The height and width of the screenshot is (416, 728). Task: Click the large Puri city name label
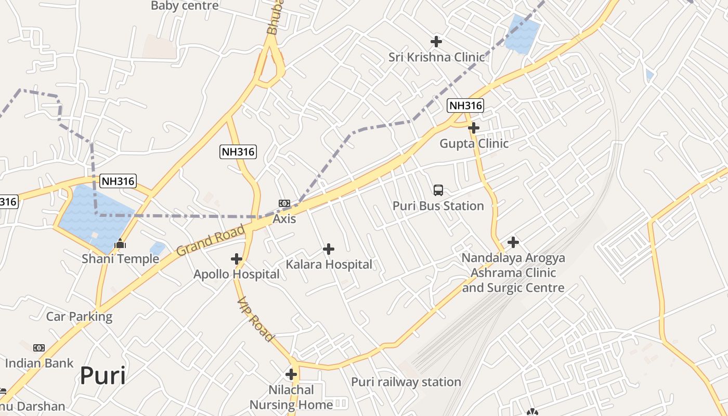[103, 376]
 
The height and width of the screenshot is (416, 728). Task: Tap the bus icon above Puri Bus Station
[438, 190]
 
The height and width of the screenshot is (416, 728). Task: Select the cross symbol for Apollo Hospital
[237, 258]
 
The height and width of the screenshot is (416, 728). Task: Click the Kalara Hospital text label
[329, 264]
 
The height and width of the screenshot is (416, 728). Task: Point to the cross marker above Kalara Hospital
[329, 249]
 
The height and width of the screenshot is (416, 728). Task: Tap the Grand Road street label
[210, 240]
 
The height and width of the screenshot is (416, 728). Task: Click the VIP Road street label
[255, 319]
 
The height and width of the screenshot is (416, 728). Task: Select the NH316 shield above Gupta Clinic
[465, 106]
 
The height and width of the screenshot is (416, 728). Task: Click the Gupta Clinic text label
[474, 144]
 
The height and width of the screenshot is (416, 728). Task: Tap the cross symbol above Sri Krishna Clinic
[436, 41]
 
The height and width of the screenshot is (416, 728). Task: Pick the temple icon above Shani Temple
[120, 243]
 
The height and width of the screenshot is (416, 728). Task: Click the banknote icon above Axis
[284, 203]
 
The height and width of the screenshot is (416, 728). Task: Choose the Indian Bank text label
[40, 363]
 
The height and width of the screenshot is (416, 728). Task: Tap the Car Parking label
[79, 317]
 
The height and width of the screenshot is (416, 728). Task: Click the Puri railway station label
[406, 382]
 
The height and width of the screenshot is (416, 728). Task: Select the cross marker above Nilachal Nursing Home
[291, 374]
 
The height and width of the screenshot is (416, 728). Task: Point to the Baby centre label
[185, 6]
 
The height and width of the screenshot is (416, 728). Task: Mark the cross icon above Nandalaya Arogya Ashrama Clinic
[513, 242]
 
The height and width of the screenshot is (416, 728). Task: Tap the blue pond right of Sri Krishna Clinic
[522, 34]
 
